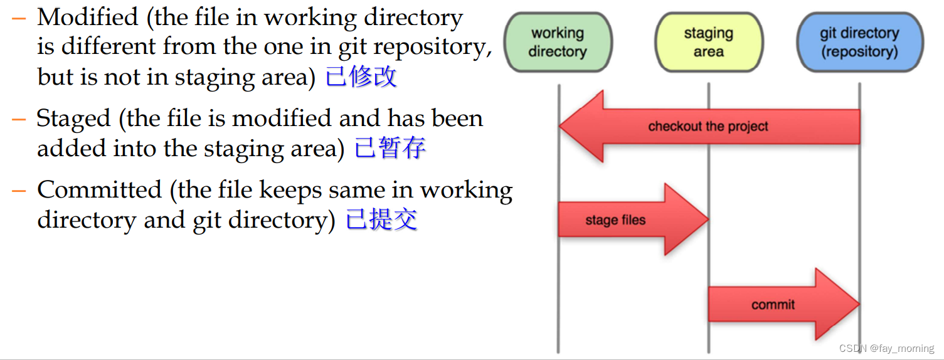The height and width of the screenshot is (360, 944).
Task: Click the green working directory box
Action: click(x=557, y=42)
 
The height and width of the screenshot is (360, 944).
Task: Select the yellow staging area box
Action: click(x=708, y=42)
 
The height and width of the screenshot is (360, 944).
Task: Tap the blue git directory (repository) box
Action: click(x=859, y=42)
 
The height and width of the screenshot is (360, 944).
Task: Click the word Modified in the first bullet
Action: click(x=87, y=18)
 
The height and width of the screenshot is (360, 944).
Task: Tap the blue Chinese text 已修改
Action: click(x=361, y=77)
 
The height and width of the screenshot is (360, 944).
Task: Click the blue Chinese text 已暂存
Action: click(x=390, y=149)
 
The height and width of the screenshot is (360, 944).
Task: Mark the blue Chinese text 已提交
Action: click(x=381, y=220)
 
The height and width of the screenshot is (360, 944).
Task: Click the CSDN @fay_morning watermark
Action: click(x=886, y=348)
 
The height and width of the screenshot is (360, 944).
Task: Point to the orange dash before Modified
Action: click(x=19, y=18)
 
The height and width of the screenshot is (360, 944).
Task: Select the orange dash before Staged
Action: click(x=19, y=119)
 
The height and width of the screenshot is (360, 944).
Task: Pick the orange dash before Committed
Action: click(x=19, y=190)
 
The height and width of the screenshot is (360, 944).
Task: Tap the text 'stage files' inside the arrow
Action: click(x=615, y=220)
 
